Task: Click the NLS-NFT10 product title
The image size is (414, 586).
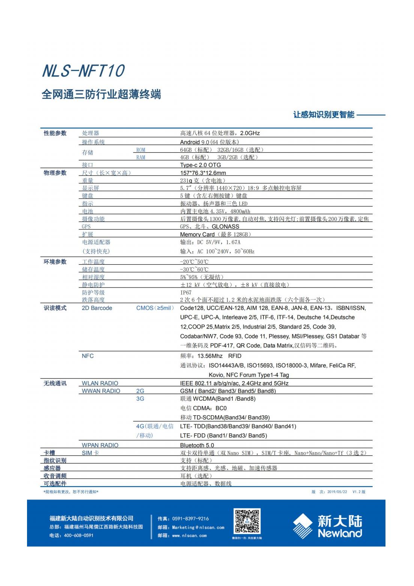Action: point(83,71)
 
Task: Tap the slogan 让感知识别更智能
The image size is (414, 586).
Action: point(324,115)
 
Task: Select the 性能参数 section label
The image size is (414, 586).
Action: point(55,133)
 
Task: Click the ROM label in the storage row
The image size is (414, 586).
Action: point(141,150)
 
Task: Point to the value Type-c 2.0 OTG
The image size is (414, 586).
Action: point(200,165)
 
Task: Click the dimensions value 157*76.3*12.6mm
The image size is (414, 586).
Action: point(203,173)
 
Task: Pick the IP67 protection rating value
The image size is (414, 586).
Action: point(186,292)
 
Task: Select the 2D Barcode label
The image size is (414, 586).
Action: point(97,308)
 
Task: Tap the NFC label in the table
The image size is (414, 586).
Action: point(88,356)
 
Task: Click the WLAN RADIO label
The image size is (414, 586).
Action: point(100,383)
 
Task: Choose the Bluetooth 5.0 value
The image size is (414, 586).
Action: point(197,445)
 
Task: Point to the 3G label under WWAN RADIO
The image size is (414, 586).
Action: point(140,398)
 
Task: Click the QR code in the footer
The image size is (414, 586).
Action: point(247,521)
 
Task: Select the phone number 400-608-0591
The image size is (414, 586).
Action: point(78,535)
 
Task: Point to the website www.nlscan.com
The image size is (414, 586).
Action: point(189,536)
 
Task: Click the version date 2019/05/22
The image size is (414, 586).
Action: point(337,492)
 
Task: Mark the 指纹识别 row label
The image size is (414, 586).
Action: point(55,460)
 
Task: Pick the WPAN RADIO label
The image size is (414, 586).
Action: point(100,445)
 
